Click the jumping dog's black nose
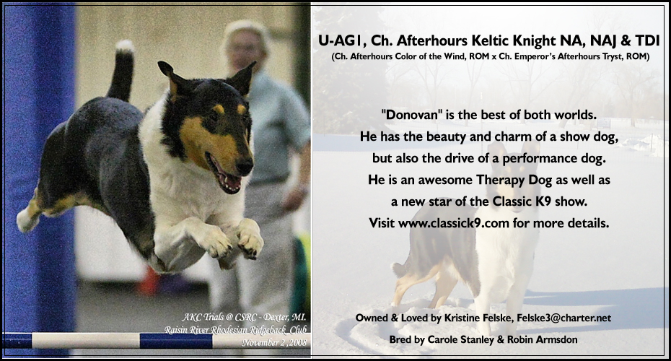(247, 168)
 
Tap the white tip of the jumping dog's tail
(126, 47)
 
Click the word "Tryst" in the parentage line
(611, 56)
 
